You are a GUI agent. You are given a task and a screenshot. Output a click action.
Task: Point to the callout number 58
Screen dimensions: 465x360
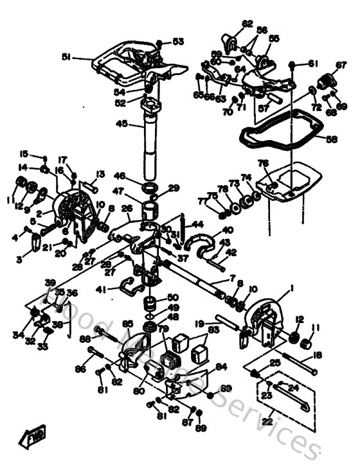tap(330, 138)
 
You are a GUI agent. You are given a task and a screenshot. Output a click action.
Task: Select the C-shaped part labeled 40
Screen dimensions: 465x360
tap(199, 240)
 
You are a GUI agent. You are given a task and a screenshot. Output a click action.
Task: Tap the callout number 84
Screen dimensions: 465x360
tap(222, 367)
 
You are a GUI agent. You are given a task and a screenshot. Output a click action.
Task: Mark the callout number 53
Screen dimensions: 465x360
tap(177, 42)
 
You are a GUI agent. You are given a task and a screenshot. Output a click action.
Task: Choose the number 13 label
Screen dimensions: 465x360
tap(100, 174)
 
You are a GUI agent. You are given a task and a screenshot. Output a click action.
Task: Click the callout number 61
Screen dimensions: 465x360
tap(313, 64)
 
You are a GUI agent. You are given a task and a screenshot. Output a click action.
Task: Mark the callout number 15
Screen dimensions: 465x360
tap(24, 154)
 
